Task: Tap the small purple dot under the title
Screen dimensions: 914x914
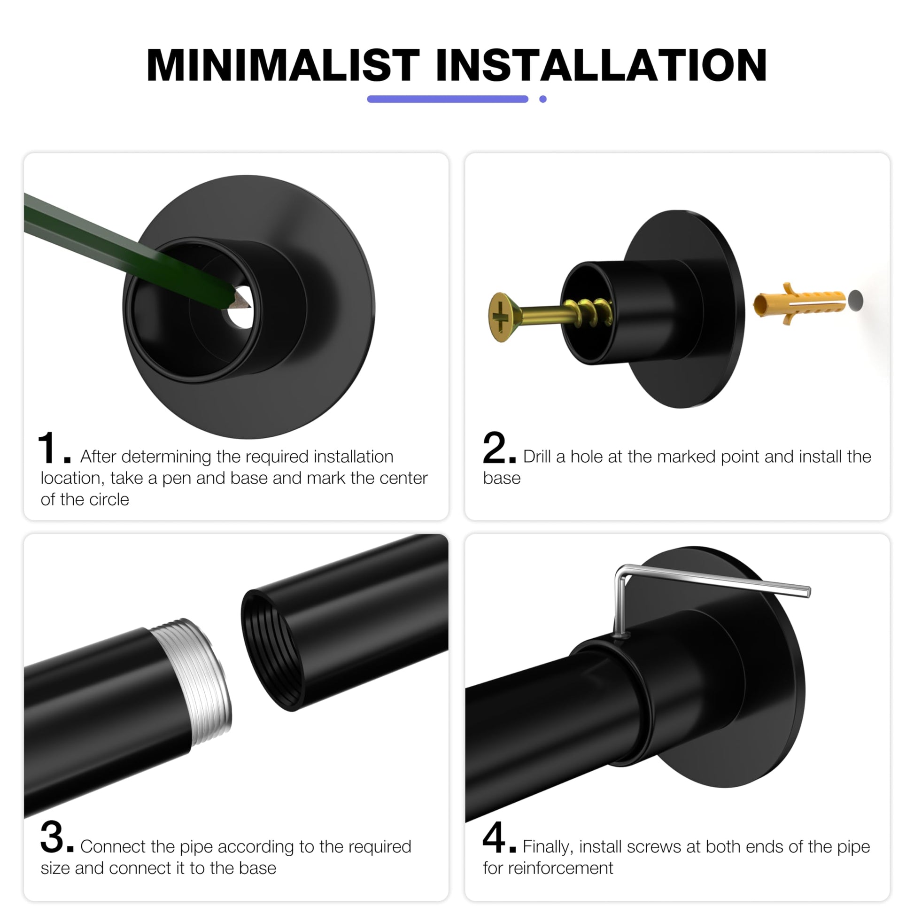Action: point(542,99)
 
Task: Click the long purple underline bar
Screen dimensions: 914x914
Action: point(448,99)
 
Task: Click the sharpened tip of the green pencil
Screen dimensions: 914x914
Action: point(247,304)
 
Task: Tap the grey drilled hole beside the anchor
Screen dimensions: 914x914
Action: point(855,301)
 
